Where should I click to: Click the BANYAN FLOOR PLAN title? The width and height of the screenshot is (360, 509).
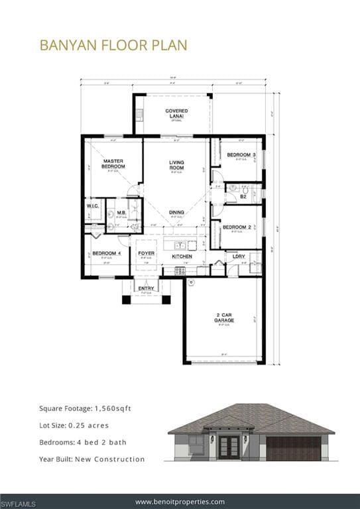(113, 45)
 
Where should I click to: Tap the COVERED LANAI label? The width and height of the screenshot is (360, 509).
(176, 113)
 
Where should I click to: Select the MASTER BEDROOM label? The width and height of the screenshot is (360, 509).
(113, 164)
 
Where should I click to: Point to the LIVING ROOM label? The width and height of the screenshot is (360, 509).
(176, 165)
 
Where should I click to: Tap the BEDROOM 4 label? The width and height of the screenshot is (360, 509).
(106, 253)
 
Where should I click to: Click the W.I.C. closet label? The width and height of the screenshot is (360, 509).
(92, 206)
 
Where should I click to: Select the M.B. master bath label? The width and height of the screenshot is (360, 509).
(122, 213)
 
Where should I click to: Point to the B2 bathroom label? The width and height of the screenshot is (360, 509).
(243, 196)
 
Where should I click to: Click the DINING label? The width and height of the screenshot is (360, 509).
(176, 212)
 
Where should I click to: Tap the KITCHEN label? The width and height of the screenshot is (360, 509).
(182, 256)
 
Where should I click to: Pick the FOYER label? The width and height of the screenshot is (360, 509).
(146, 253)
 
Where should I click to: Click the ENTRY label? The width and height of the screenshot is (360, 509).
(146, 288)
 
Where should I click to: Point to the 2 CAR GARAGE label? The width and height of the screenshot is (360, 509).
(223, 317)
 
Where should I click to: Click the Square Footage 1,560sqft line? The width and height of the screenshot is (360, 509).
(85, 408)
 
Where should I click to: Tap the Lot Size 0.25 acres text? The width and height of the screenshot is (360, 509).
(74, 425)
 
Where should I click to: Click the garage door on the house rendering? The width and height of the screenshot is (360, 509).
(293, 449)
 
